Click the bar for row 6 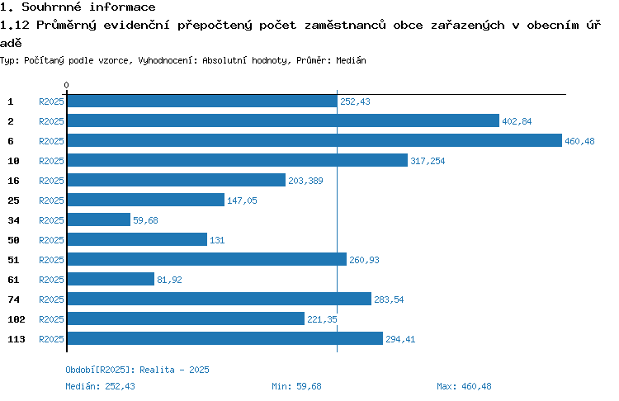coord(314,140)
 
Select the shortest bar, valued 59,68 coord(99,219)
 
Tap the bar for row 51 coord(207,259)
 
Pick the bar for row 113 coord(225,338)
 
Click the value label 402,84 coord(517,121)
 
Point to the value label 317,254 coord(428,161)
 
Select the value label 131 coord(217,240)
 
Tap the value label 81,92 coord(169,280)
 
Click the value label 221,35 coord(322,319)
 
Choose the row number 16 coord(13,181)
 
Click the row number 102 coord(17,319)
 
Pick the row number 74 coord(13,300)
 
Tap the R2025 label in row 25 coord(51,200)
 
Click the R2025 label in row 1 coord(51,101)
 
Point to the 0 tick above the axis coord(66,85)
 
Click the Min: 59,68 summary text coord(296,386)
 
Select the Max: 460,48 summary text coord(464,386)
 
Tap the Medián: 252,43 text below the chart coord(100,386)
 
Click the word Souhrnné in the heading coord(51,7)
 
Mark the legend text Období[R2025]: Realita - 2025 coord(137,370)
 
